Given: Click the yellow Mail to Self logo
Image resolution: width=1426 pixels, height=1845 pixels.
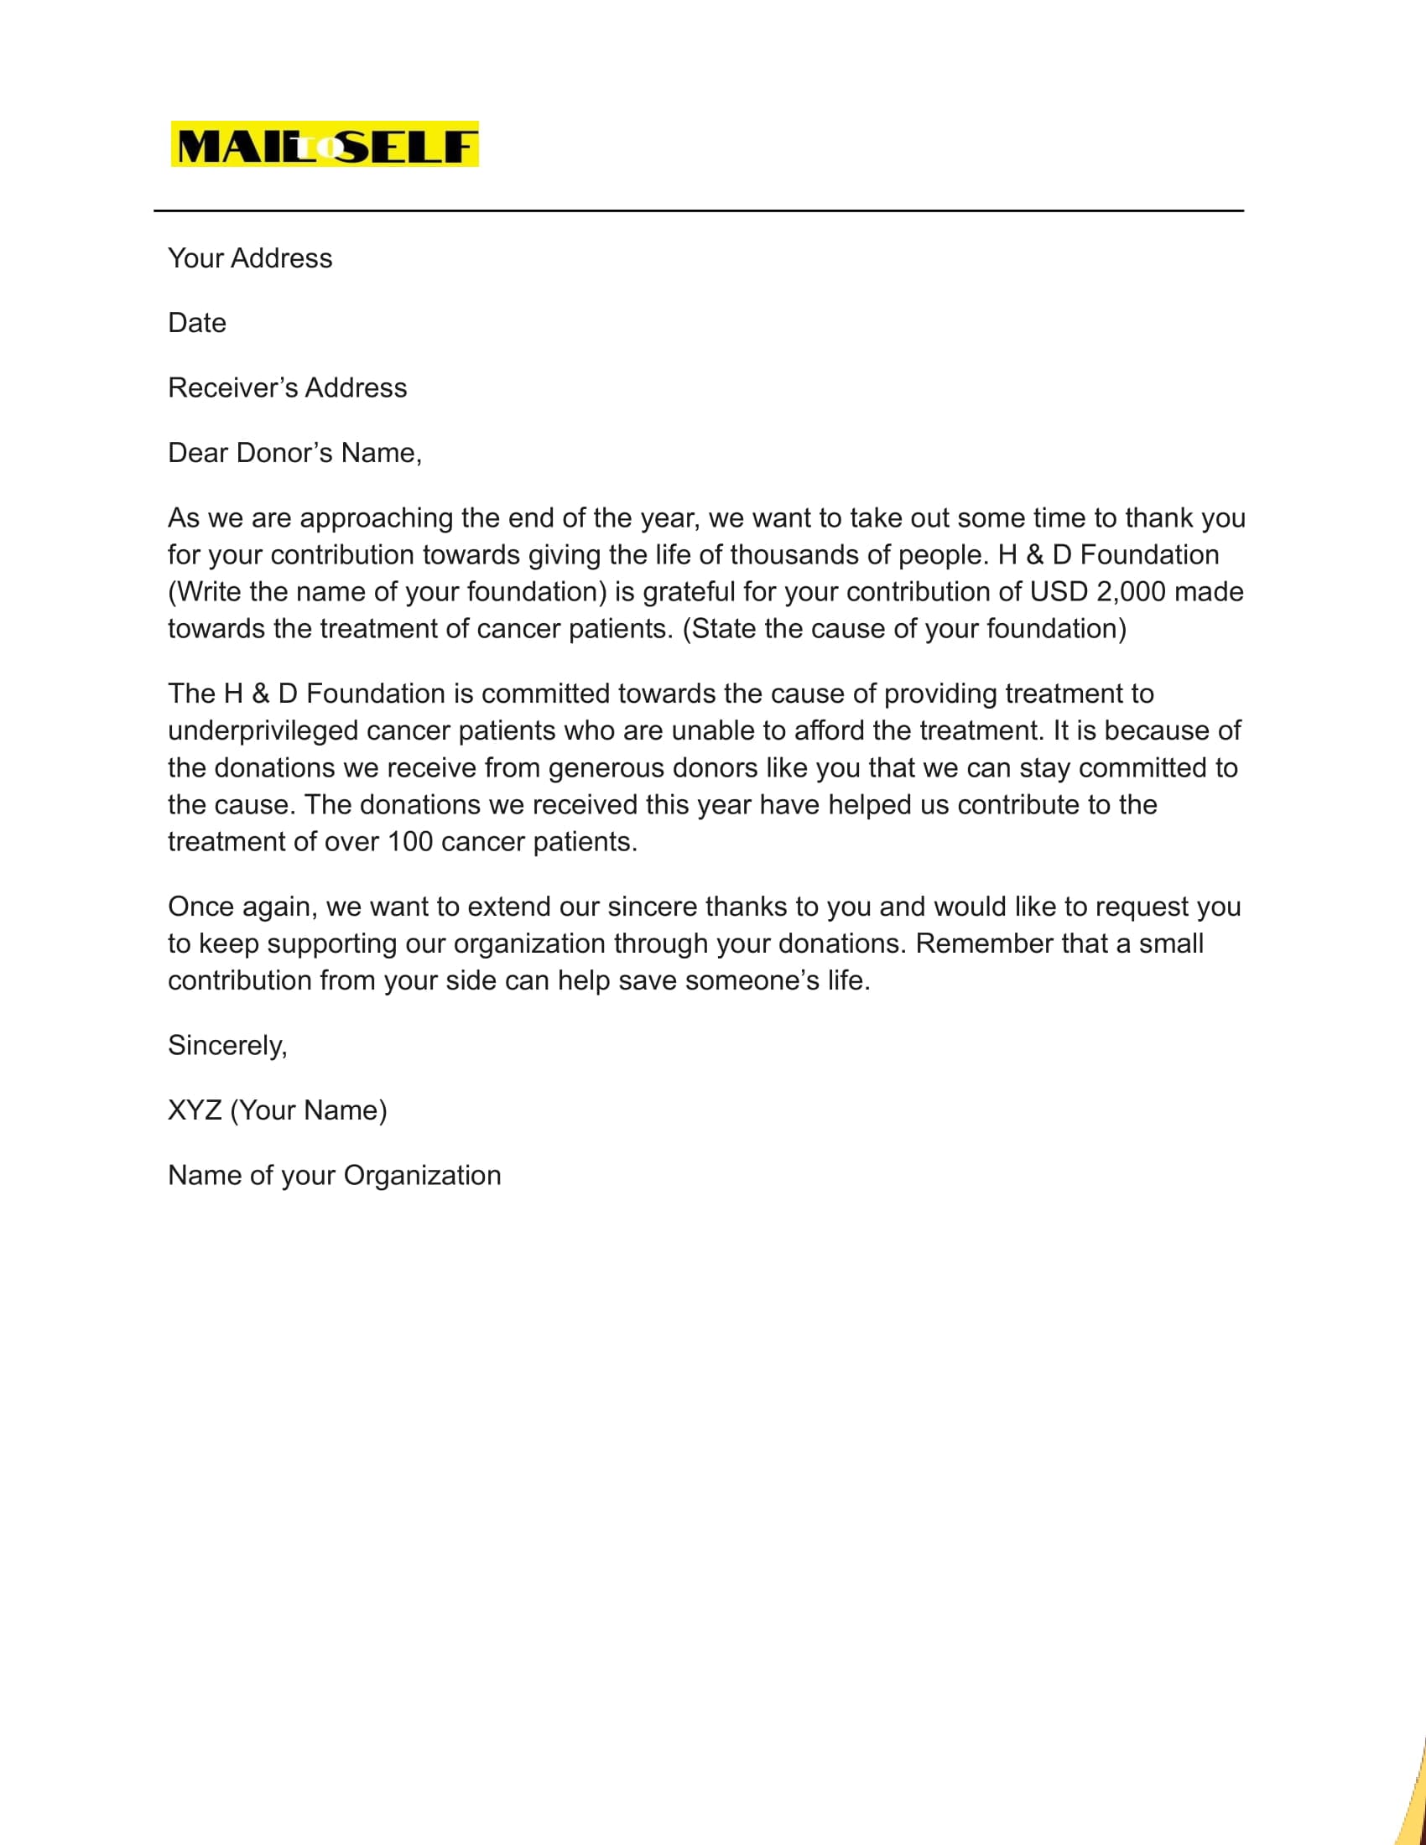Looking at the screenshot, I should [x=325, y=144].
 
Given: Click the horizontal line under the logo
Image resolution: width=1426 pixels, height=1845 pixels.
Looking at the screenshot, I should [x=698, y=210].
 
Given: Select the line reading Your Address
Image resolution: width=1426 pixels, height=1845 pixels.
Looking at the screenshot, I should [x=250, y=258].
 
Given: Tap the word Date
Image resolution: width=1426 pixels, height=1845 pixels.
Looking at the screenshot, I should [x=197, y=323].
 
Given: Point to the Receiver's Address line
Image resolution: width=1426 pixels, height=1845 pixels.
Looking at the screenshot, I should [x=287, y=387].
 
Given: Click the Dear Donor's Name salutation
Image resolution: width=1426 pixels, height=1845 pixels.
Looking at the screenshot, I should [x=294, y=453].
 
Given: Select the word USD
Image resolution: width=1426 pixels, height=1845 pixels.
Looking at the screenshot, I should [x=1059, y=591].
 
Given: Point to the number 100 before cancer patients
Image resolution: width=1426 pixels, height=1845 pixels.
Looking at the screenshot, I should [x=409, y=842].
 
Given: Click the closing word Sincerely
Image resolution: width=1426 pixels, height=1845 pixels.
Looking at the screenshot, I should [x=227, y=1046].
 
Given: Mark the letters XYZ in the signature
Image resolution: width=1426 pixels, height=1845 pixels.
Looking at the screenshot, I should [x=195, y=1110].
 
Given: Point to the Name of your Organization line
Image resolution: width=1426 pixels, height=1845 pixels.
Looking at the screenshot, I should [x=335, y=1175].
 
